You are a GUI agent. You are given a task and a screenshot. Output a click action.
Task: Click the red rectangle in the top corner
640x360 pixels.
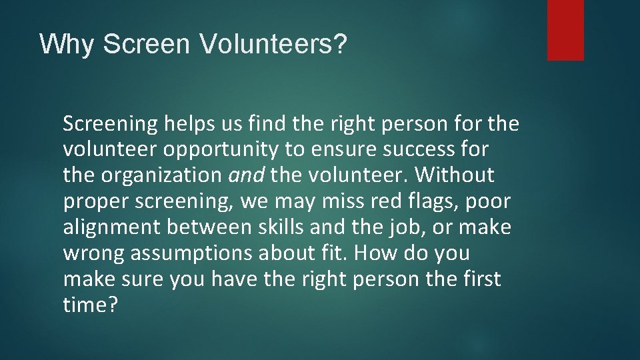tap(565, 29)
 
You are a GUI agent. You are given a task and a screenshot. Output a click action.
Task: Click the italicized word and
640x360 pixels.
tap(248, 175)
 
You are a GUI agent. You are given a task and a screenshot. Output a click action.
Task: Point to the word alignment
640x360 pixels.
tap(112, 227)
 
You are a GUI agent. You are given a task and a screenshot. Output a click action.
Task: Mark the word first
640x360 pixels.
tap(481, 279)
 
